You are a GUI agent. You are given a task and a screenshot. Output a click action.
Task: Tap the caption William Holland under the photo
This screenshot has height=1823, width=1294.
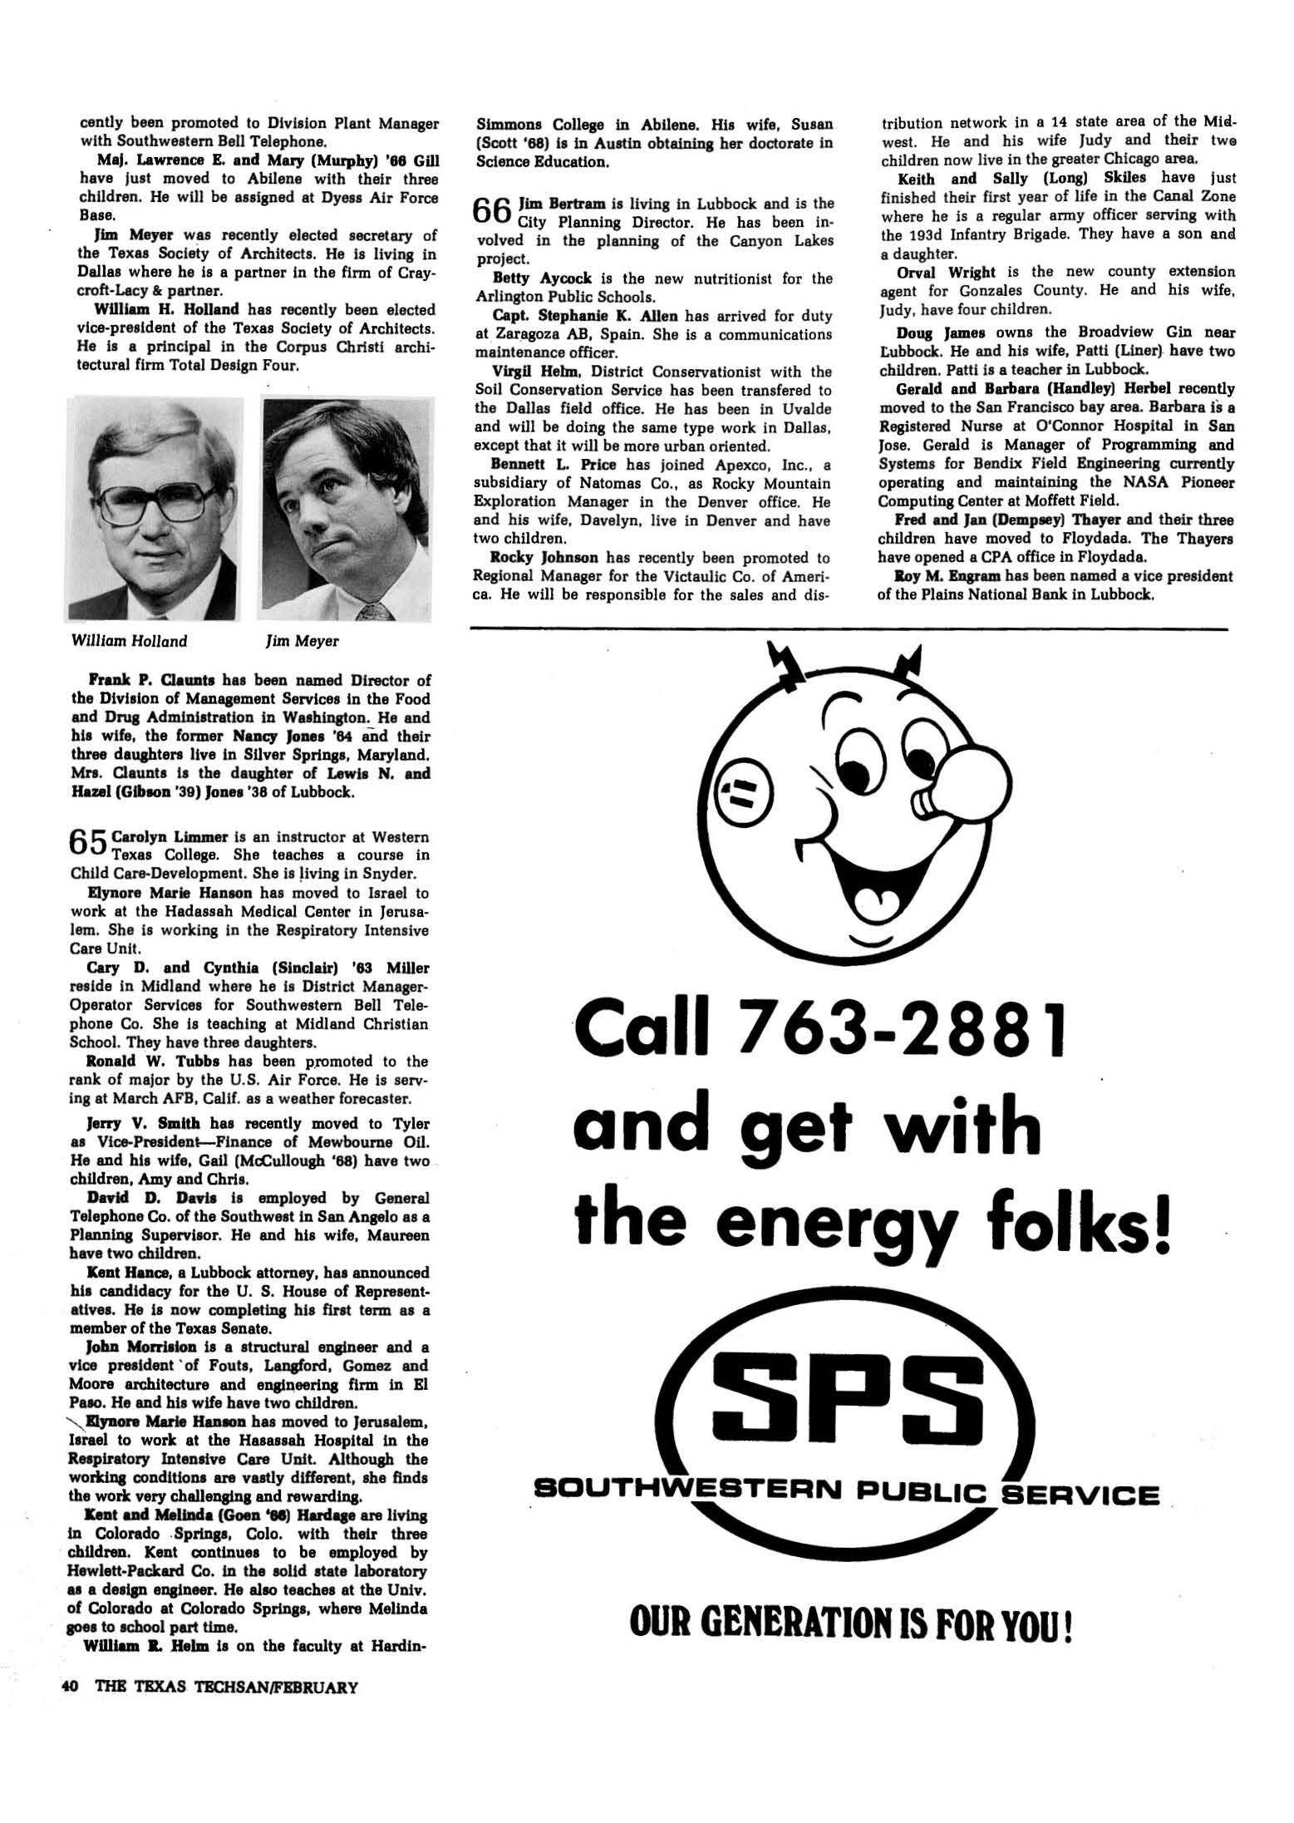pos(130,641)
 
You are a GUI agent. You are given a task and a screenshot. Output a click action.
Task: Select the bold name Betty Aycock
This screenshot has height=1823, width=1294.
pos(530,278)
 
